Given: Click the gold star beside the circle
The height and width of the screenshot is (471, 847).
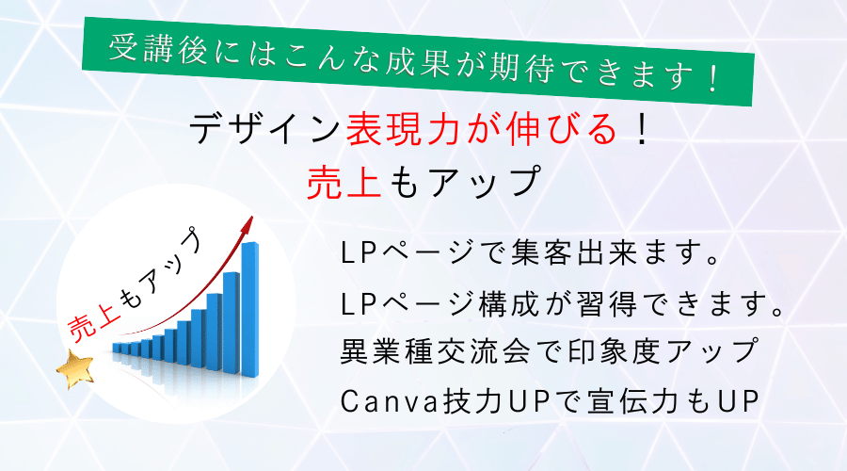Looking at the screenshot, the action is click(x=75, y=368).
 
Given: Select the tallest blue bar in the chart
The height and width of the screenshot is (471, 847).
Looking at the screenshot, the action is click(x=249, y=309).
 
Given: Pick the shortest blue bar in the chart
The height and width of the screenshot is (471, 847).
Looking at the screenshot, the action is click(x=116, y=348).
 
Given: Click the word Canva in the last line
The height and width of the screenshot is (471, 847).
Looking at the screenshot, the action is click(x=390, y=401).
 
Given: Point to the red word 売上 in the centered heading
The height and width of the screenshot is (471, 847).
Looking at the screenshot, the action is click(x=344, y=182).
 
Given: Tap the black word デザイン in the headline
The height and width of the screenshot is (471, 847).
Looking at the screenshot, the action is click(x=264, y=129).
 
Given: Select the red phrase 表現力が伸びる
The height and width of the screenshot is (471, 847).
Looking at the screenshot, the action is click(x=481, y=129).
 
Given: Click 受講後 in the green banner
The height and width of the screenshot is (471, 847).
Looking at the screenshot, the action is click(x=156, y=49).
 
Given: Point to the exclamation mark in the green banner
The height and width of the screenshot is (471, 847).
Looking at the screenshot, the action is click(x=713, y=78).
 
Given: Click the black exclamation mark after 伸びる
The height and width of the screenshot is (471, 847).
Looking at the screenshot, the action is click(x=642, y=130).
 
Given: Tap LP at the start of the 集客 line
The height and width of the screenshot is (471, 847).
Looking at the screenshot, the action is click(x=359, y=252).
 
